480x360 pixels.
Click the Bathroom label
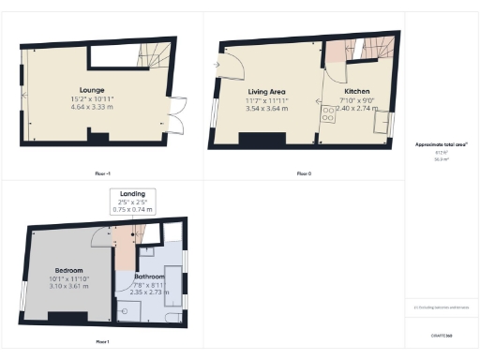(x=150, y=277)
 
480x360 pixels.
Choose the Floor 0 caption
(x=303, y=173)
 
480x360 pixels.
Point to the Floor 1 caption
(x=102, y=341)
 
